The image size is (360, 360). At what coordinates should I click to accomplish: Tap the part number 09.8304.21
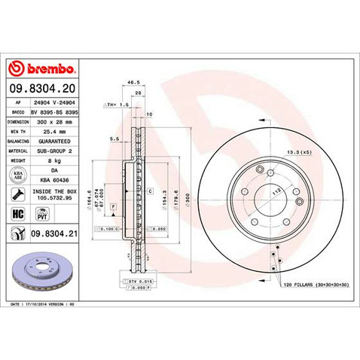[x=55, y=235]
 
